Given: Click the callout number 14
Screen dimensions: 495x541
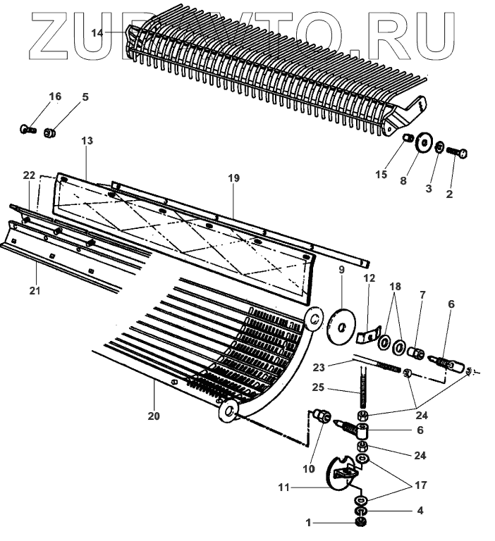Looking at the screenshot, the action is point(97,32).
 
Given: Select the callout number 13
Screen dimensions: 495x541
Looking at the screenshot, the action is point(87,141).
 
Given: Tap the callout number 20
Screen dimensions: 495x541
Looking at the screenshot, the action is point(154,416).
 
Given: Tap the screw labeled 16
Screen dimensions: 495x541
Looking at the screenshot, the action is point(28,130).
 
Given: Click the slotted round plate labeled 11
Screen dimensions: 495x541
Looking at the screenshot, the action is point(335,474).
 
